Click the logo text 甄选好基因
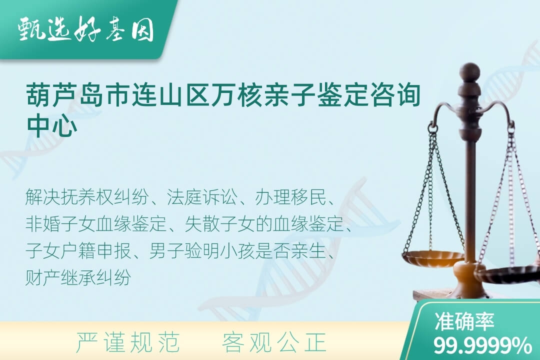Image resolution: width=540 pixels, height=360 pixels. point(86,29)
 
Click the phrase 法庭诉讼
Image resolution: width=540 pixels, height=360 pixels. point(202,197)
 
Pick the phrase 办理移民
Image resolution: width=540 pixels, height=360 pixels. point(291,197)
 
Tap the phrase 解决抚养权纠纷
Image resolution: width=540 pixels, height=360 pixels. point(87,197)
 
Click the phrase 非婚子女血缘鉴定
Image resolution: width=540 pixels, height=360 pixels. point(96,224)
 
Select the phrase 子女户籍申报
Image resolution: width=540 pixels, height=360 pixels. point(78,251)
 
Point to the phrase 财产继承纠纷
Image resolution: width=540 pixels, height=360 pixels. point(78,277)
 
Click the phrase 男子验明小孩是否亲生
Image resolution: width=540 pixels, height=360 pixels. point(237,251)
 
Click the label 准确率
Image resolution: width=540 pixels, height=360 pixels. point(464,321)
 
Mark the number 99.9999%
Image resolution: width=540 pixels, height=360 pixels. point(482,345)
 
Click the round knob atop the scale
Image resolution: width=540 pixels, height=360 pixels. point(469,71)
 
